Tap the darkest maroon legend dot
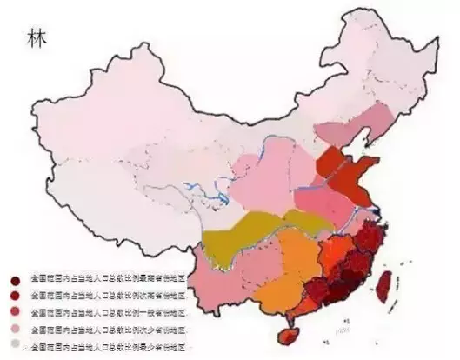(16, 281)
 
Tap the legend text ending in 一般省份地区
(109, 312)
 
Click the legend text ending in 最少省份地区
(109, 345)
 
